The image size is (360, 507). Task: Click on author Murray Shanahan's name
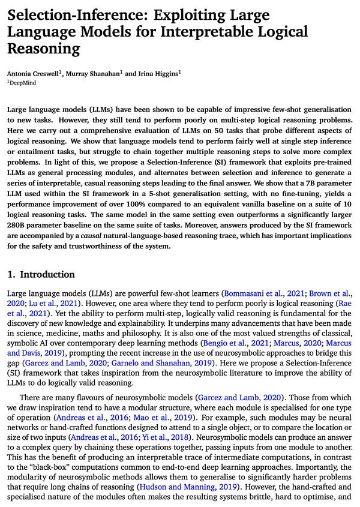(x=96, y=73)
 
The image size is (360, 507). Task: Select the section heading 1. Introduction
(x=41, y=274)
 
